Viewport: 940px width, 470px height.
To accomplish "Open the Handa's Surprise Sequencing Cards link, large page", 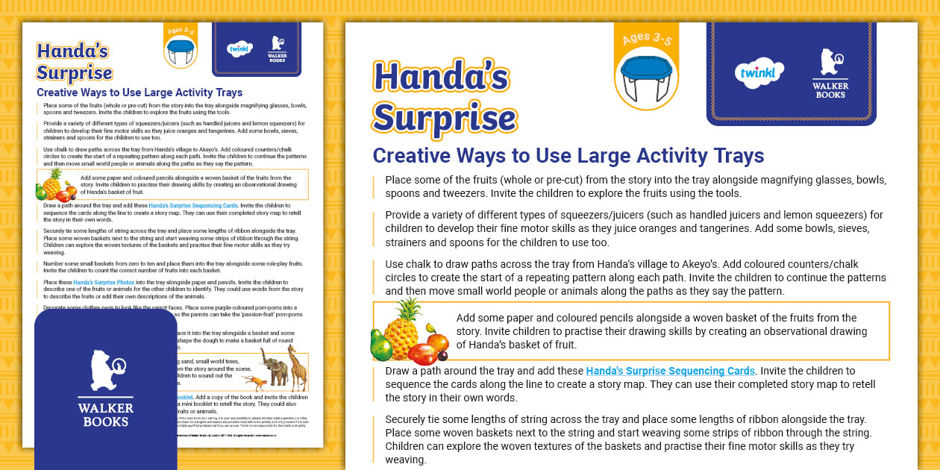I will [x=671, y=371].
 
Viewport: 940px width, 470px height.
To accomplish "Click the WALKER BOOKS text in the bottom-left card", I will [x=106, y=414].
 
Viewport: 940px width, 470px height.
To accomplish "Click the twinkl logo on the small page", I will [x=239, y=49].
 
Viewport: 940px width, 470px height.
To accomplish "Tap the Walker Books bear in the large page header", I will [x=830, y=63].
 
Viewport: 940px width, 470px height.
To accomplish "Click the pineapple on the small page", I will [x=51, y=181].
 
